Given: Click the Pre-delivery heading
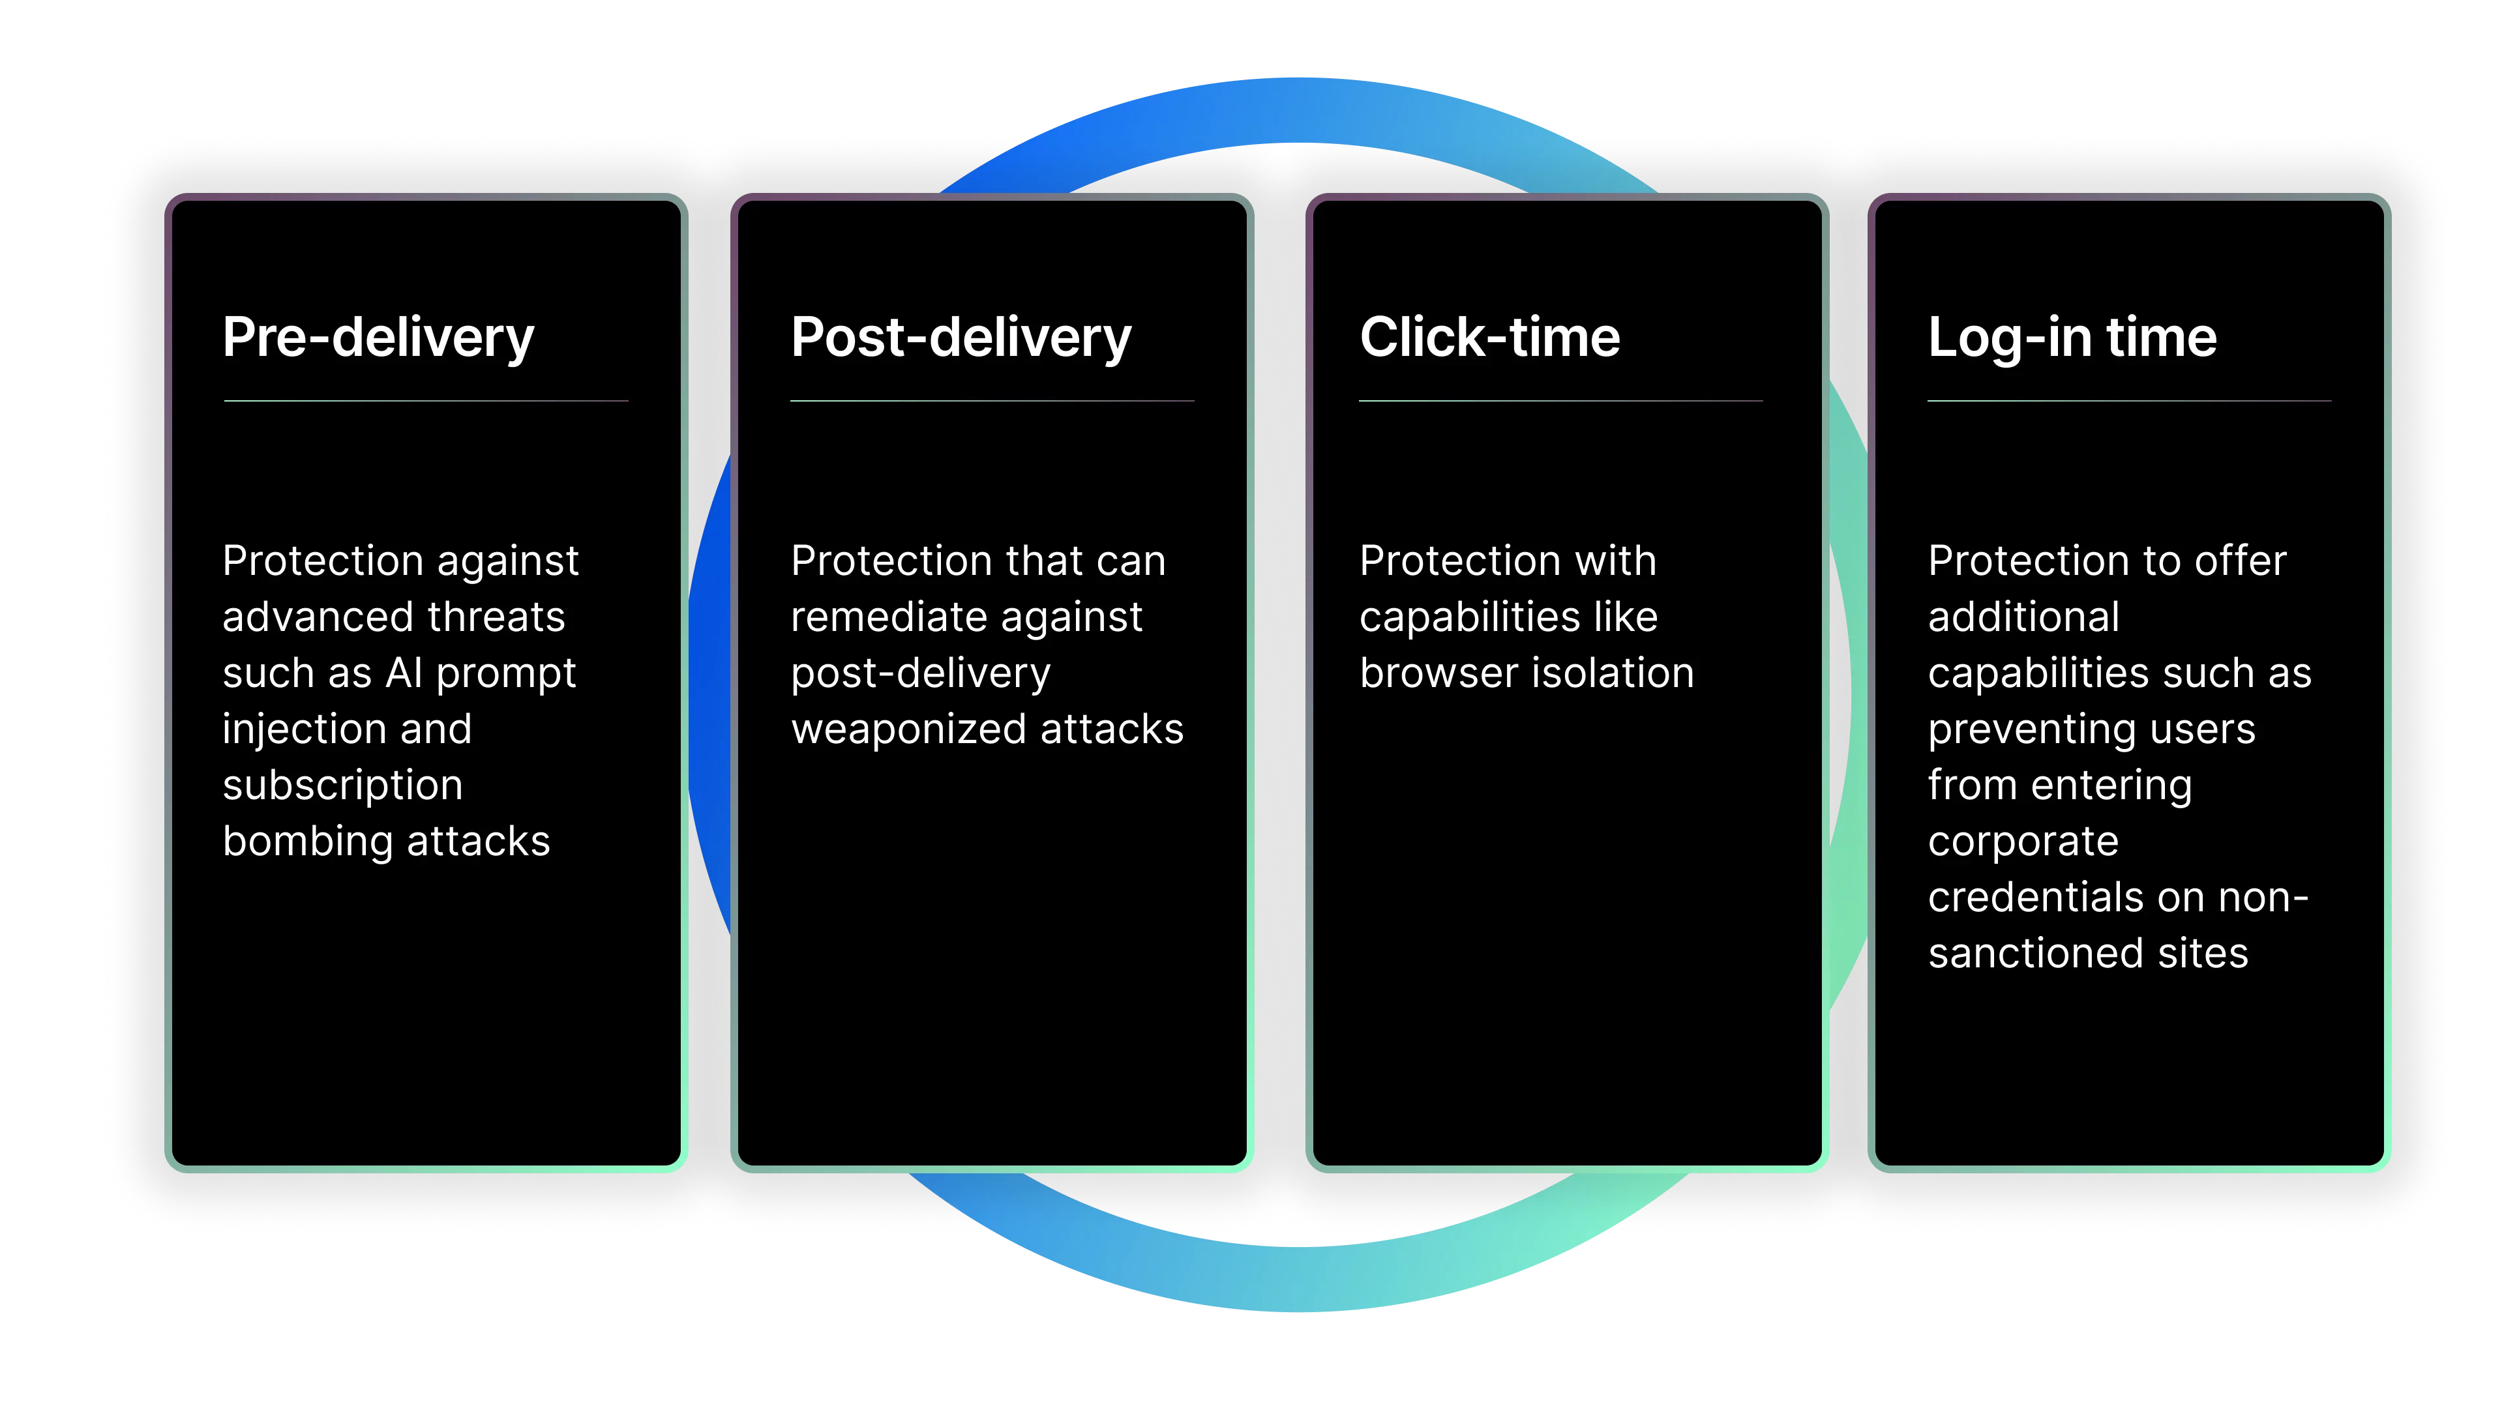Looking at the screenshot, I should pos(378,338).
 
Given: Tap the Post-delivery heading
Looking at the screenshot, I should pos(961,338).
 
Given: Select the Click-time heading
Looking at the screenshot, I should pos(1489,338).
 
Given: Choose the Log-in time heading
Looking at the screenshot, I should pos(2072,338).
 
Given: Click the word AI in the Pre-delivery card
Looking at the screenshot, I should pos(404,673).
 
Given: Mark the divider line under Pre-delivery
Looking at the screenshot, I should pos(426,400).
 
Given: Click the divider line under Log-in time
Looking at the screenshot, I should pos(2129,400).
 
